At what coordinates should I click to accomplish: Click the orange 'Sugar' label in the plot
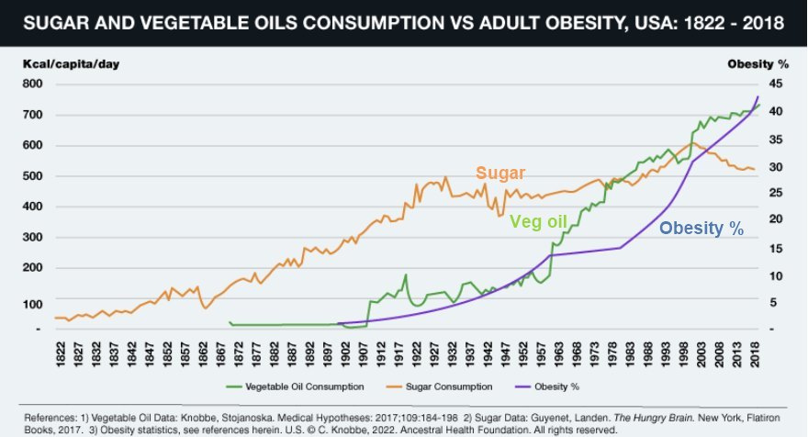click(499, 174)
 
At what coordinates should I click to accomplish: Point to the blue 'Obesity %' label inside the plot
click(701, 229)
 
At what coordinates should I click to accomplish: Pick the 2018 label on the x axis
click(753, 352)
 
